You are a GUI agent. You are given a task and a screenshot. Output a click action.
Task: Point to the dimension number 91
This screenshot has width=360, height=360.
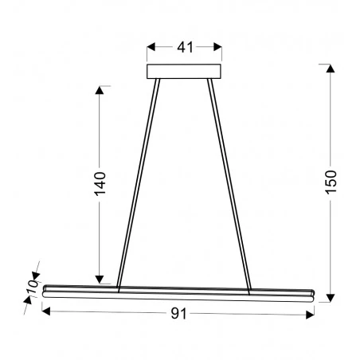coord(179,315)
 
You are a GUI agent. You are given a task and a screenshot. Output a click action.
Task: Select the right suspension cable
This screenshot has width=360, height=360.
coord(229,183)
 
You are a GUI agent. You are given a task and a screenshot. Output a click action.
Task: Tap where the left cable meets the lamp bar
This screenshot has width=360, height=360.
coord(119,287)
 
